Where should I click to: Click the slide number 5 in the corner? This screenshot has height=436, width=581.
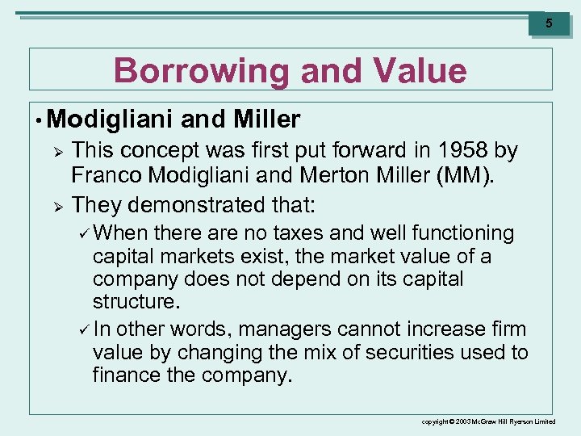click(x=549, y=23)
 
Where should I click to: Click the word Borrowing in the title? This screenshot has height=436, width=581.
click(x=202, y=71)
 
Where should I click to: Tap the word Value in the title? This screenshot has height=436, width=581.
click(x=423, y=71)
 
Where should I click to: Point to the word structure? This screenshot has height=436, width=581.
click(x=136, y=301)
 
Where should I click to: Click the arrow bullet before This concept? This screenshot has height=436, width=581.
click(x=57, y=151)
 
